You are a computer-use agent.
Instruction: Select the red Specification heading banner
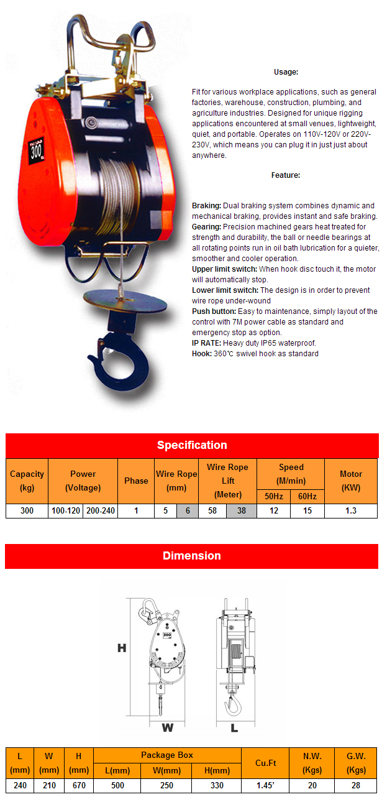[191, 445]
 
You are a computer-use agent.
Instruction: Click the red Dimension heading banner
[191, 556]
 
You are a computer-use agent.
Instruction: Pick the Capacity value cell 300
[27, 511]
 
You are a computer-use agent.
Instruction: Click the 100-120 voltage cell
[66, 511]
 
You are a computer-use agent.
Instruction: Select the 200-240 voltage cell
[101, 511]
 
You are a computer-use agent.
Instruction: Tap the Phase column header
[136, 481]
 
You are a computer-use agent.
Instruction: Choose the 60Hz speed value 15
[307, 511]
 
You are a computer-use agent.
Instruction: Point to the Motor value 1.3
[350, 511]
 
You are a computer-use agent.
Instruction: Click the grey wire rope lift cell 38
[242, 511]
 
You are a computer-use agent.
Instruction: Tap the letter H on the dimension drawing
[122, 648]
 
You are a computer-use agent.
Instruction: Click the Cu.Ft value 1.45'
[265, 785]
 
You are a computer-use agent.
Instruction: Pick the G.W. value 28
[356, 785]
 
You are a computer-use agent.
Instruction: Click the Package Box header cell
[167, 755]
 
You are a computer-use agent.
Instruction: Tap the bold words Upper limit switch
[224, 269]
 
